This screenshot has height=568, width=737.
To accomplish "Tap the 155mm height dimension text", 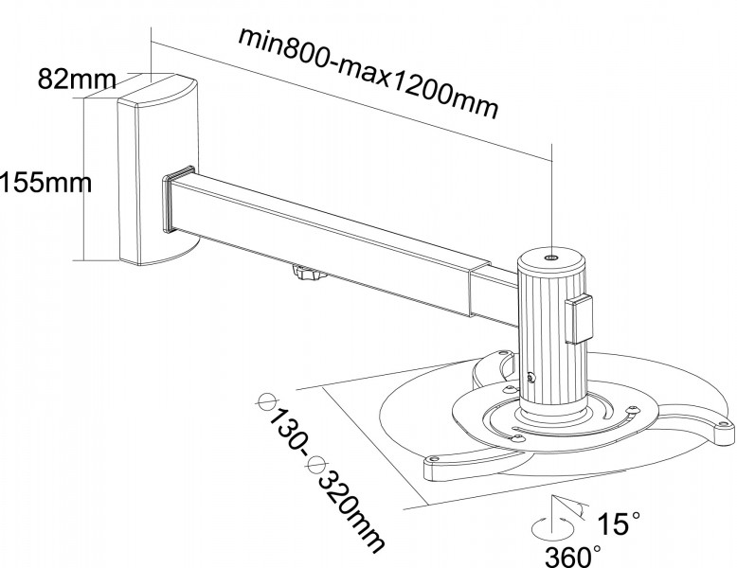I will click(45, 181).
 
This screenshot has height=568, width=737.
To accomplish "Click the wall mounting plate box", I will click(156, 170).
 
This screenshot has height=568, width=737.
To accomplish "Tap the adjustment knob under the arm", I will click(309, 275).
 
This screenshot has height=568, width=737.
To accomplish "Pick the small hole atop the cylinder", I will click(552, 257).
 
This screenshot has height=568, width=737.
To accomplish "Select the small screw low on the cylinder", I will click(529, 378).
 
